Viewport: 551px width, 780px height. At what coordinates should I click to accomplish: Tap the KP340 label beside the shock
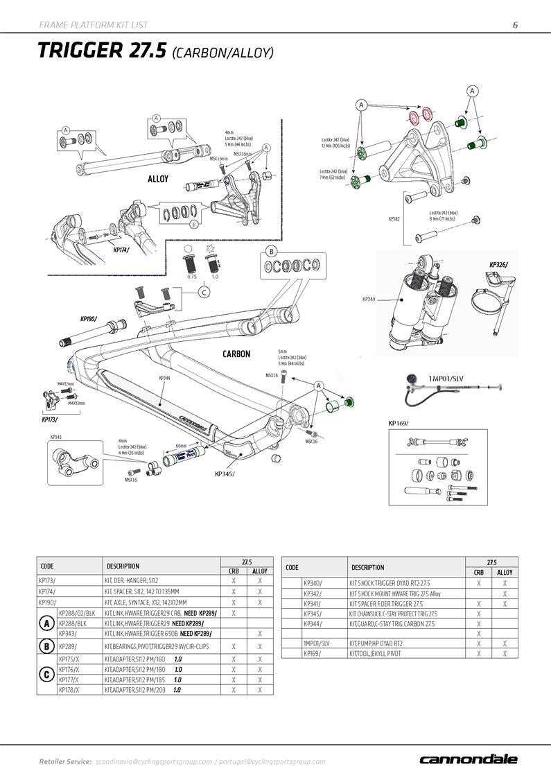pos(369,300)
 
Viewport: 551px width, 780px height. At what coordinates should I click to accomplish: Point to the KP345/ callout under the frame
pos(225,474)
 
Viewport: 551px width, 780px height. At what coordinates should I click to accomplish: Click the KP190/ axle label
pos(89,319)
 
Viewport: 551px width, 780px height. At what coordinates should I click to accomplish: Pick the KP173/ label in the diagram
pos(49,419)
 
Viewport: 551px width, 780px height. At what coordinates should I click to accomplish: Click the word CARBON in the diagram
pos(236,354)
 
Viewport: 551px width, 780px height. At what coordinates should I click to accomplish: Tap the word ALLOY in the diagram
pos(158,179)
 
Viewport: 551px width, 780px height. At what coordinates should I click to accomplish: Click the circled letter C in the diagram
pos(204,293)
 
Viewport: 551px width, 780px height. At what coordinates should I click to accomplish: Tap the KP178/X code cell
pos(69,690)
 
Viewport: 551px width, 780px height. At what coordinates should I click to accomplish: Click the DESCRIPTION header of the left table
pos(123,566)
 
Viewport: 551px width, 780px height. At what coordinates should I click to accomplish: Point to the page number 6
pos(515,25)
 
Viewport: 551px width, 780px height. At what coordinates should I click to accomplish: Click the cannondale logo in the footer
pos(468,759)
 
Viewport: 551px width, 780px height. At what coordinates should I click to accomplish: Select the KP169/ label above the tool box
pos(398,422)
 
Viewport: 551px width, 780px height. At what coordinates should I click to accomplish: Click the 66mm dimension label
pos(182,445)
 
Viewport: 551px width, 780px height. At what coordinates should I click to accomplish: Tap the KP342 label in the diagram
pos(394,218)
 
